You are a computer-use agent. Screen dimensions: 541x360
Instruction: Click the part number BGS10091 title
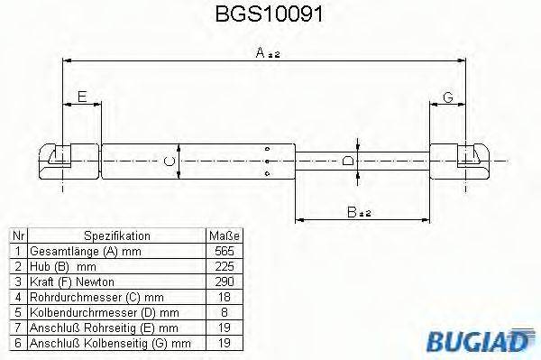coord(269,14)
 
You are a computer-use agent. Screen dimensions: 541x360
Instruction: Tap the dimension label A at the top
coord(268,53)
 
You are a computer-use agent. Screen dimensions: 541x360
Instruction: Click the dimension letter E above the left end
coord(82,97)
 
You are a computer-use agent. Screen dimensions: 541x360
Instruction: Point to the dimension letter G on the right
coord(448,97)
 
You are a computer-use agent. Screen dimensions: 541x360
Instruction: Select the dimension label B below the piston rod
coord(359,212)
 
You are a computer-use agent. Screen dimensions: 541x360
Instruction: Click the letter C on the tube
coord(170,162)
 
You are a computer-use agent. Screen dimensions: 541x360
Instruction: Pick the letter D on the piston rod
coord(348,161)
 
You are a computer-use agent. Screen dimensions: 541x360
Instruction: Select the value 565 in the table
coord(225,251)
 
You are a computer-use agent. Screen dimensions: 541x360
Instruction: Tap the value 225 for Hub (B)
coord(225,266)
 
